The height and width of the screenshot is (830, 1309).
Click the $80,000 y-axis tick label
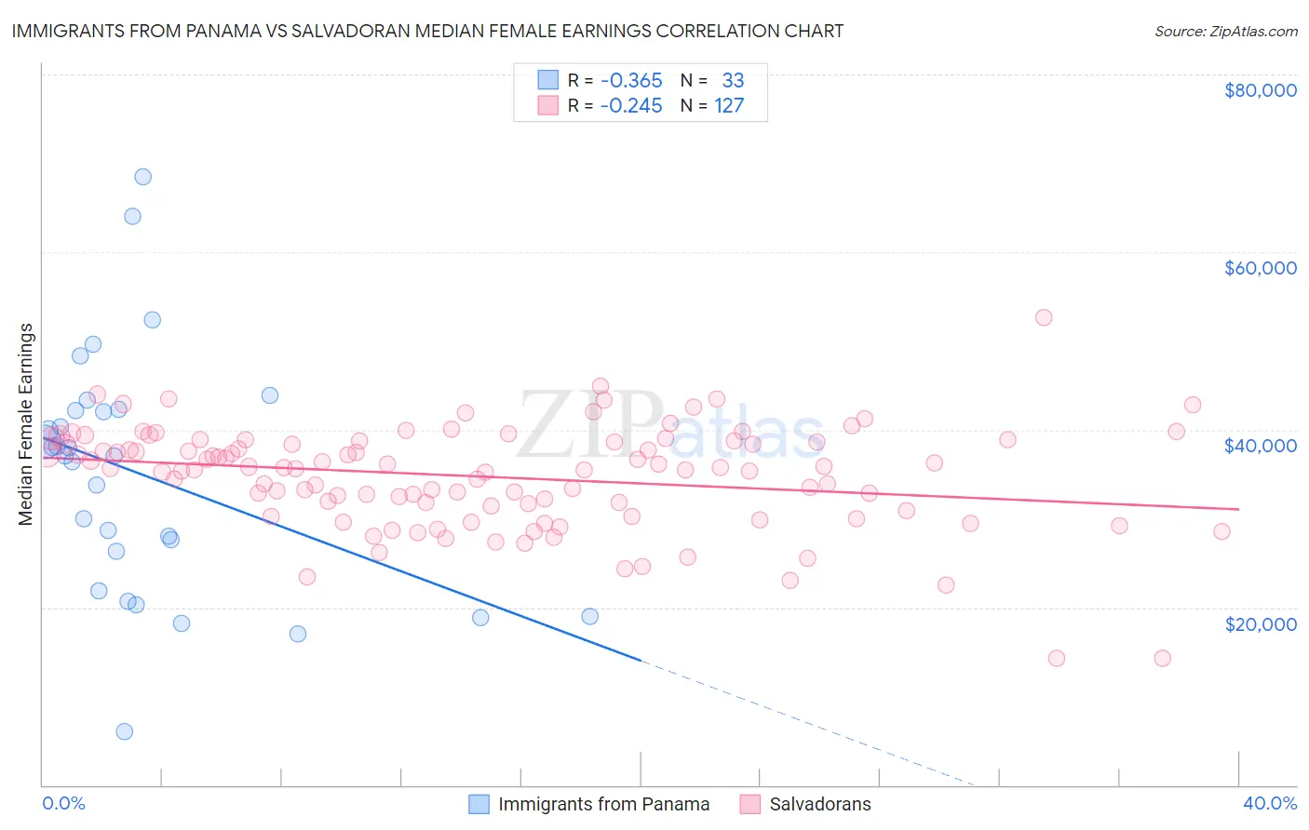[1260, 90]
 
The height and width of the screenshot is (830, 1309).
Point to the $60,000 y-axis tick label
[1260, 268]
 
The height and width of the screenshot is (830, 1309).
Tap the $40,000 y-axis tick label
[1260, 446]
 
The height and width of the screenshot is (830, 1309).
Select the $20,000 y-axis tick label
[1260, 623]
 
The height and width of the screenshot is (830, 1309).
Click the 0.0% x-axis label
[63, 803]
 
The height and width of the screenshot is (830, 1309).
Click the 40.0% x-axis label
[1269, 803]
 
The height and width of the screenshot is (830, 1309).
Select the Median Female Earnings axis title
[26, 424]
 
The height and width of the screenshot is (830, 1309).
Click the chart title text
[427, 31]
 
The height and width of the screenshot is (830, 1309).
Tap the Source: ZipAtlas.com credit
[1225, 31]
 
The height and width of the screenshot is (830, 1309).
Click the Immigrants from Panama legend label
[603, 804]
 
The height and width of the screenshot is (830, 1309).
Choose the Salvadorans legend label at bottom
[819, 804]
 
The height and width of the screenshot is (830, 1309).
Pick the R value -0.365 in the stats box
[630, 80]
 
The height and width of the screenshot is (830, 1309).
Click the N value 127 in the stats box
[729, 105]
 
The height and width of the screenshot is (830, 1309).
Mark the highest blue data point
[142, 177]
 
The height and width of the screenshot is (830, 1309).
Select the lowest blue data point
[124, 731]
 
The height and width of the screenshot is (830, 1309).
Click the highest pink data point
[1044, 317]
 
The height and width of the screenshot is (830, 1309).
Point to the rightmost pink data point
[1221, 531]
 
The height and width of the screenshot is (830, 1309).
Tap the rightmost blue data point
[589, 616]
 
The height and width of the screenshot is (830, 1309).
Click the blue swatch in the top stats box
[548, 80]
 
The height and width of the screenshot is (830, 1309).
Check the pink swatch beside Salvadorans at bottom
[750, 804]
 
